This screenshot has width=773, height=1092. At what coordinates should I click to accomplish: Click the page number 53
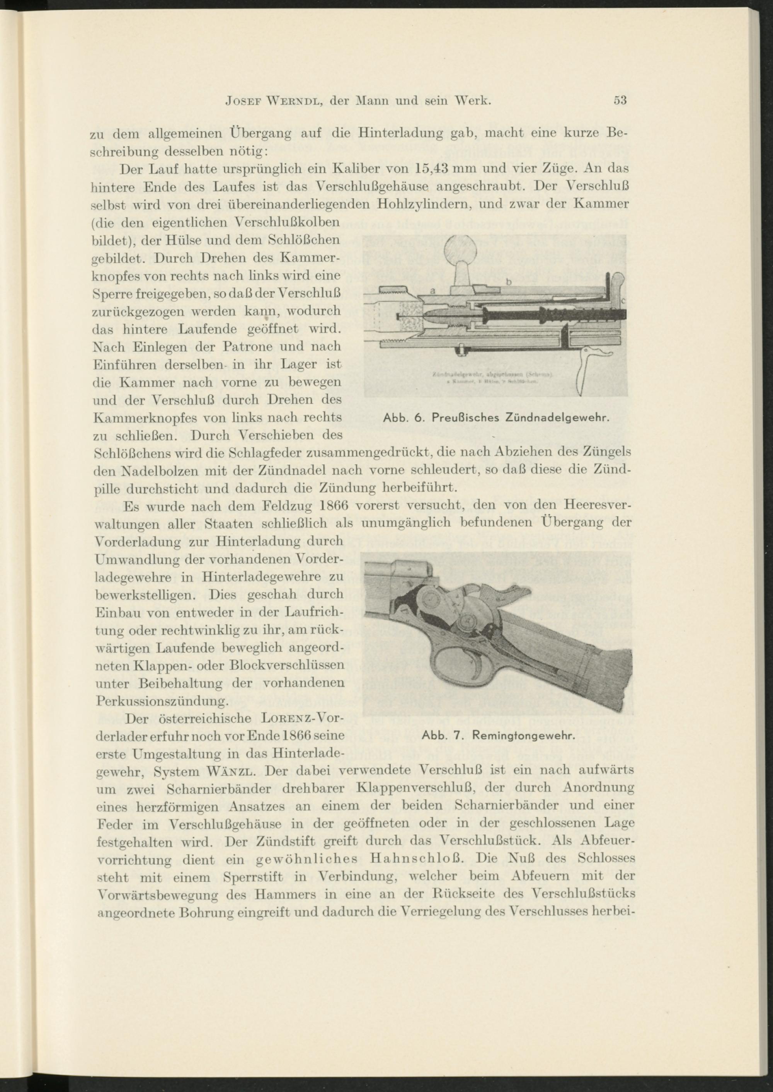tap(620, 101)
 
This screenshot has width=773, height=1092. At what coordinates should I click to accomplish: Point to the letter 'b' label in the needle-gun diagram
tap(508, 282)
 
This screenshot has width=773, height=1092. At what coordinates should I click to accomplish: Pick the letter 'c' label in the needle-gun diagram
tap(623, 300)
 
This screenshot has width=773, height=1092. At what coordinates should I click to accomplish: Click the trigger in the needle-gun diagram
tap(583, 376)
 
